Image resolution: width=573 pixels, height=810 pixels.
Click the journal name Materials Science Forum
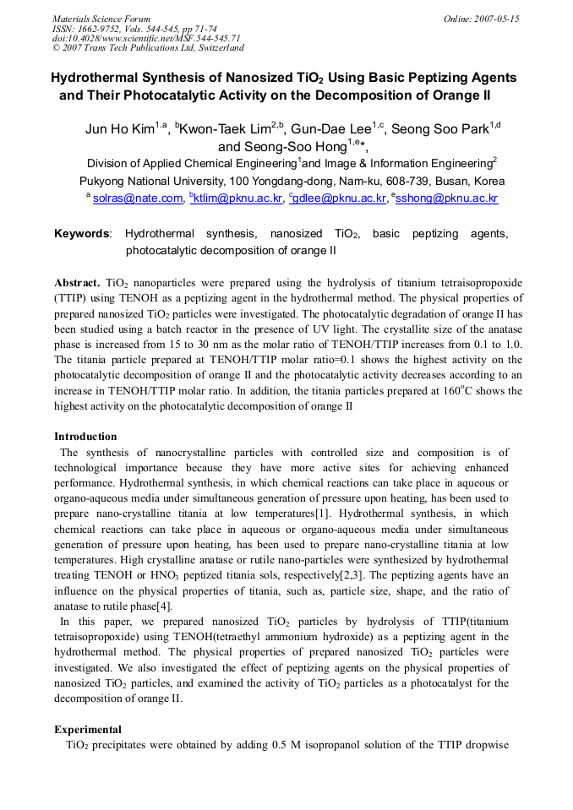point(101,19)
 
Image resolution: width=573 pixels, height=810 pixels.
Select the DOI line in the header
point(146,38)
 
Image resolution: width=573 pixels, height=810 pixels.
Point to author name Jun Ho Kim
point(119,129)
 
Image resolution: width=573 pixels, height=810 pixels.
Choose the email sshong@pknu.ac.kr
point(447,198)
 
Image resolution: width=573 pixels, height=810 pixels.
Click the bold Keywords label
point(82,234)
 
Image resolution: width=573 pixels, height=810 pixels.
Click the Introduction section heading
point(85,437)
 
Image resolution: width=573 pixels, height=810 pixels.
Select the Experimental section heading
point(88,729)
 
